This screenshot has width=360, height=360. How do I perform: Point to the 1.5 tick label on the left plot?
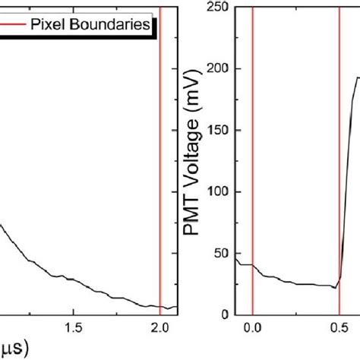(x=73, y=327)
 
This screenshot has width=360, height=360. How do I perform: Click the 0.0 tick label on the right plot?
(x=252, y=327)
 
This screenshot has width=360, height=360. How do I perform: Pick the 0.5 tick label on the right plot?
(x=339, y=327)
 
